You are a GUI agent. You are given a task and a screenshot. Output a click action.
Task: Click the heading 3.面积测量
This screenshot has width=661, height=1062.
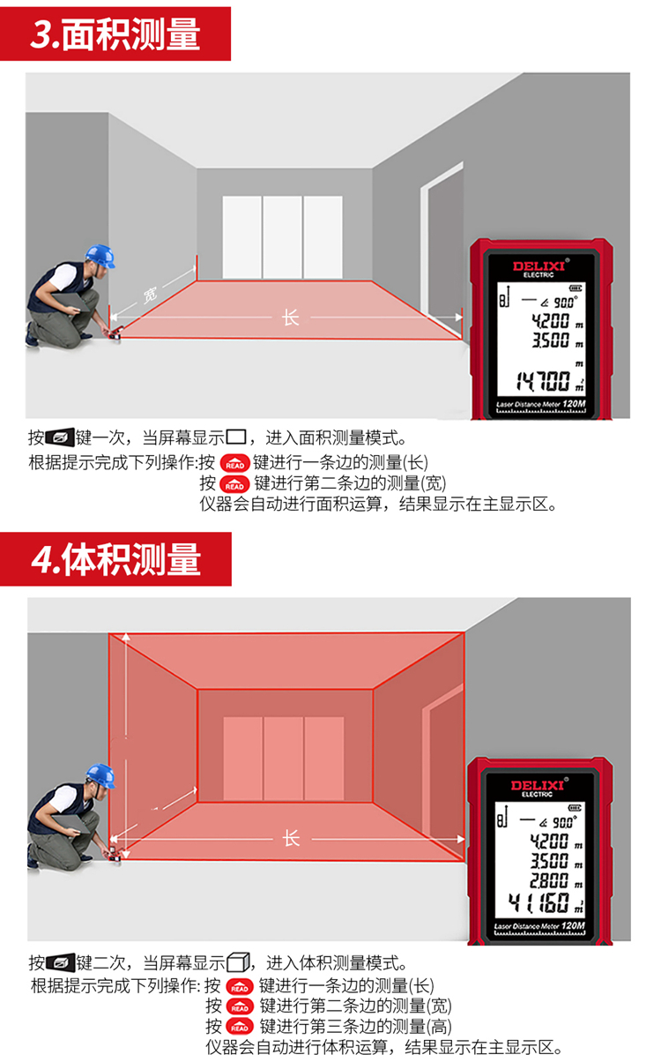coord(115,34)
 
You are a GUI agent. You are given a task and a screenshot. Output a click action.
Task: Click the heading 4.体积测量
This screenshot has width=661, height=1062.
coord(116,559)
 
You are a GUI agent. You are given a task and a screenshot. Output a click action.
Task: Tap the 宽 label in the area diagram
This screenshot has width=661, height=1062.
coord(150,295)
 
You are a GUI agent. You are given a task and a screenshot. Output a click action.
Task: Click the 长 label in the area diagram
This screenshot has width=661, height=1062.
coord(291,318)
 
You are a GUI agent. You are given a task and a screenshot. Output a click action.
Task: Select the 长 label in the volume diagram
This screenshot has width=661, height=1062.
coord(291,838)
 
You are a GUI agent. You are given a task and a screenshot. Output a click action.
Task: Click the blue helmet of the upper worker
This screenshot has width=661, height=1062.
coord(100,257)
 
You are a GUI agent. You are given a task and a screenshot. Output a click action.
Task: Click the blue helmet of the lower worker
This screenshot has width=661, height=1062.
coord(100,776)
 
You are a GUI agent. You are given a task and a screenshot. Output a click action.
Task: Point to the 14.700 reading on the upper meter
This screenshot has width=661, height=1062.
coord(543,381)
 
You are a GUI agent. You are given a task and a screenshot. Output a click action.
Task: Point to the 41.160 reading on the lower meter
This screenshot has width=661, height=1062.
coord(538,901)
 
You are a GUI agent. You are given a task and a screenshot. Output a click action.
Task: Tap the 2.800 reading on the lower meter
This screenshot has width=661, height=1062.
coord(549,880)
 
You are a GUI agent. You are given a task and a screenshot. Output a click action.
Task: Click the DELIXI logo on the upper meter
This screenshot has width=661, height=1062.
coord(538,265)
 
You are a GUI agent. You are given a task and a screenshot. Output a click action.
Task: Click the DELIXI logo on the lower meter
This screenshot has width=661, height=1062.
coord(538,786)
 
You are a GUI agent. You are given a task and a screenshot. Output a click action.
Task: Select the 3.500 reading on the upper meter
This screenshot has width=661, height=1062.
coord(550,340)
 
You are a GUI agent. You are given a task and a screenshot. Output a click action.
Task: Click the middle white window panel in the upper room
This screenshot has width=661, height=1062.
coord(282,236)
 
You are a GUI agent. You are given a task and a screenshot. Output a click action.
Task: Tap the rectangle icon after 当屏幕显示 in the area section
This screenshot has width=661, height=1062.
coord(236,436)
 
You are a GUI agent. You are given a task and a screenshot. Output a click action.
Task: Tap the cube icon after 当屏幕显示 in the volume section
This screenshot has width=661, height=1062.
coord(238,962)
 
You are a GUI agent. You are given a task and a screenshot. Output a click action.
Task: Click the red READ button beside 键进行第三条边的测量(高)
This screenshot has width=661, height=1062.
coord(240,1027)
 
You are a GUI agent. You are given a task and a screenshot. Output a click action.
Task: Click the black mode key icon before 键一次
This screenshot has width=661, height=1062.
coord(60,438)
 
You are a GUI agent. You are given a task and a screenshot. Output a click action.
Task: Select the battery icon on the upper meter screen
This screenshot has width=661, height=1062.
coord(576,288)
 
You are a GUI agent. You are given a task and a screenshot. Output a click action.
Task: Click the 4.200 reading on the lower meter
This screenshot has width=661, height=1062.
coord(549,841)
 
